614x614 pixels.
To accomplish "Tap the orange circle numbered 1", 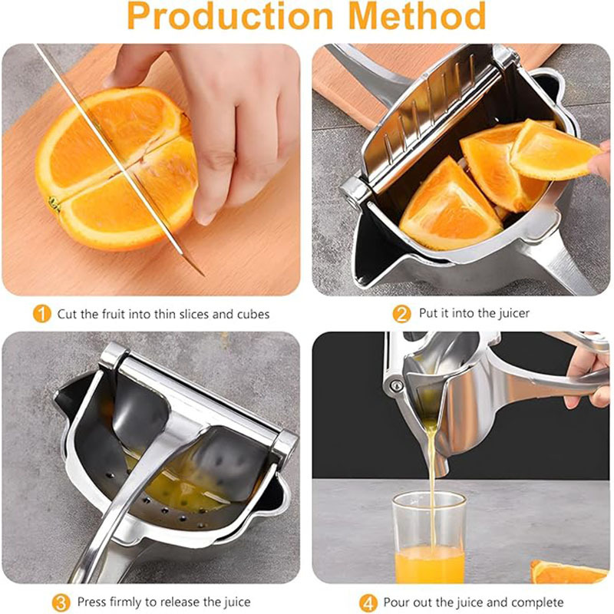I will (x=42, y=314).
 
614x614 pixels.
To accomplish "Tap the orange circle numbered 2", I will (x=401, y=313).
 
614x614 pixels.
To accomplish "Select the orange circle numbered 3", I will (x=61, y=602).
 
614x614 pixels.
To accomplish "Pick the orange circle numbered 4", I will (x=368, y=602).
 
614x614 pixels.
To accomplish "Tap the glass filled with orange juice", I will (x=429, y=537).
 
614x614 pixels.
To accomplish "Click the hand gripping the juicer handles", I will (x=587, y=376).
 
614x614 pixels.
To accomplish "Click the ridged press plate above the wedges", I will (x=430, y=115).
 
